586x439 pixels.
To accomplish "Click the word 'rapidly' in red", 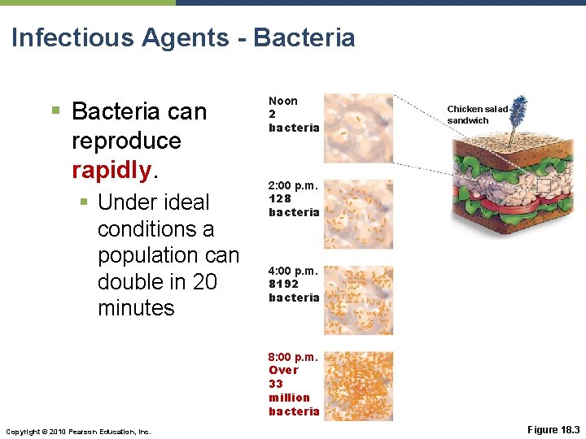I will click(110, 170).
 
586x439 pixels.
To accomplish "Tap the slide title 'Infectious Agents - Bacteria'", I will click(183, 37).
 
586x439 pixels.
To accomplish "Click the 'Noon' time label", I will click(283, 101).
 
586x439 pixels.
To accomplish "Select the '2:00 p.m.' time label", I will click(294, 185).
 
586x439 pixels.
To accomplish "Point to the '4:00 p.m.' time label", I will click(294, 270).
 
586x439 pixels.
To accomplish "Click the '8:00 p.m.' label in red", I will click(294, 356).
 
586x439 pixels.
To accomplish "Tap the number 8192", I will click(284, 284).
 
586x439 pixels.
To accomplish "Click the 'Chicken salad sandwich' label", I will click(477, 115).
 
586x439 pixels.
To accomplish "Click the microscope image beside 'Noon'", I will click(358, 127).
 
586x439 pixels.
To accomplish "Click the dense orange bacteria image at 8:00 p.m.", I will click(358, 385).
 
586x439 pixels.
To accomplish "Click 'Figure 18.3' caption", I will click(553, 429).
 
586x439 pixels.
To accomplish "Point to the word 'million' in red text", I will click(289, 398).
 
